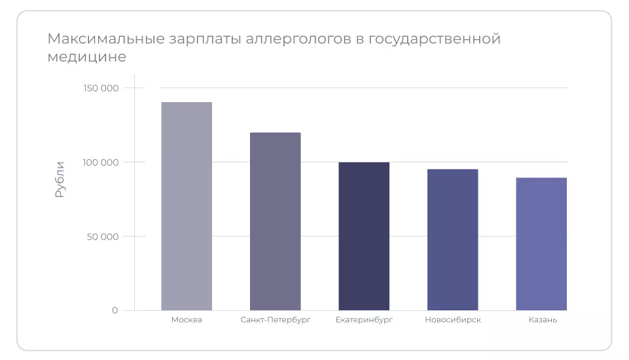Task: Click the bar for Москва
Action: (187, 206)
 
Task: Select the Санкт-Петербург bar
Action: (275, 221)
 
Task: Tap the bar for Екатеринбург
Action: (364, 236)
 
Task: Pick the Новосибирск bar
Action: (452, 240)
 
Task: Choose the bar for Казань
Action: (541, 243)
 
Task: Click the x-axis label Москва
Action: (187, 320)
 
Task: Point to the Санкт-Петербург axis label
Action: (275, 320)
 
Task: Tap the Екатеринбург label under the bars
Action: (364, 320)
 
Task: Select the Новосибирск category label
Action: (452, 320)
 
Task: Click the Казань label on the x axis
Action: (543, 320)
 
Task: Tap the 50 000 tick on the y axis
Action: (103, 236)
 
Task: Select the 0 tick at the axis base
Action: (115, 310)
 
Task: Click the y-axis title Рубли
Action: (60, 179)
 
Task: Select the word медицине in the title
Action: (86, 58)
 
